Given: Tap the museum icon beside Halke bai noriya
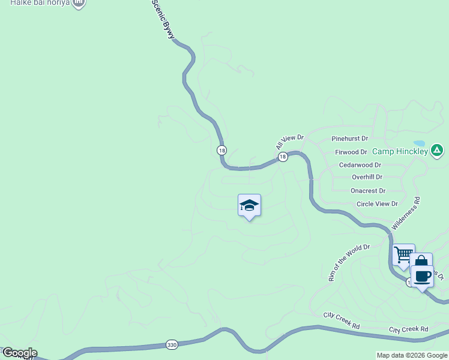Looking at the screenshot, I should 78,3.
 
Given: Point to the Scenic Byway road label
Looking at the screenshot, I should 163,20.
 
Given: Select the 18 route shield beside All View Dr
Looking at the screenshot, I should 283,157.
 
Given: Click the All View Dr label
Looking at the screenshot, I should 290,142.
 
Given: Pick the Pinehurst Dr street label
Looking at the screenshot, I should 349,138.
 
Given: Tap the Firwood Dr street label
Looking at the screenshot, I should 351,152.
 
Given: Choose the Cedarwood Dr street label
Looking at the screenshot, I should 360,165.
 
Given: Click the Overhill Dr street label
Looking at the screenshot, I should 367,178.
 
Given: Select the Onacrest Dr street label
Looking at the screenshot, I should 368,191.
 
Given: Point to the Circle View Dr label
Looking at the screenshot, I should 377,204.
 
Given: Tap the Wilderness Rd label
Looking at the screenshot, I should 406,213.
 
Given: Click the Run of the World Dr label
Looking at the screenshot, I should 349,262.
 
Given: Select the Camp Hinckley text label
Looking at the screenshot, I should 400,151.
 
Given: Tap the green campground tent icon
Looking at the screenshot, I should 438,149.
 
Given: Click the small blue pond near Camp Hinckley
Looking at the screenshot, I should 419,144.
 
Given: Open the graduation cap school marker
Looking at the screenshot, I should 249,206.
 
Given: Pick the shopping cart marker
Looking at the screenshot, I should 403,254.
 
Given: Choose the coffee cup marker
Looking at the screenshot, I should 423,276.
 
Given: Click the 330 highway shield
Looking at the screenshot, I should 172,345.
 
